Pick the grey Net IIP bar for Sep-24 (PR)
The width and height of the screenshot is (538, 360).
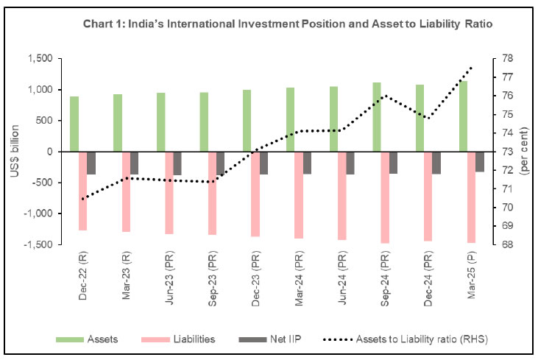[x=394, y=162]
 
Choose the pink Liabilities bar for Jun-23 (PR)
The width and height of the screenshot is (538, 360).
[x=169, y=192]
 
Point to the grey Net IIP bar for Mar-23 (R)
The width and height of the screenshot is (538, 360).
[x=135, y=163]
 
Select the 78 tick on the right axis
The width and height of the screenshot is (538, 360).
[x=509, y=59]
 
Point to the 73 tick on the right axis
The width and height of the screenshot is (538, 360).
[x=509, y=152]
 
